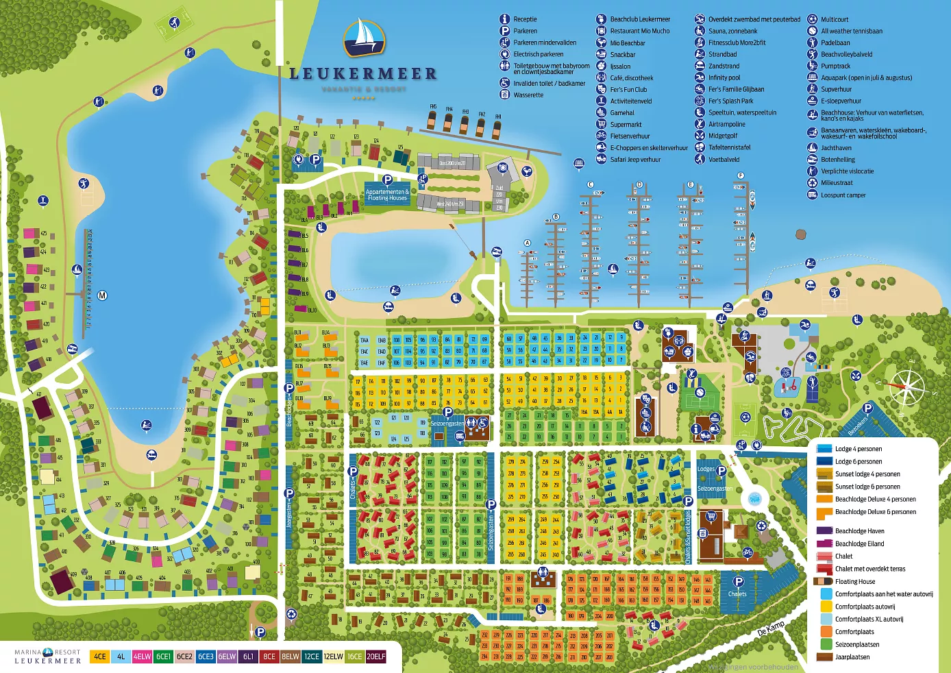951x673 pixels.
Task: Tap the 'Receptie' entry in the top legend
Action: coord(525,19)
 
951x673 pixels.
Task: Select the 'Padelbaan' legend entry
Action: coord(835,42)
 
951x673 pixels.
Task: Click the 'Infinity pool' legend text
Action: coord(724,77)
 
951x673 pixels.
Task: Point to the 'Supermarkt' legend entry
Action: coord(626,125)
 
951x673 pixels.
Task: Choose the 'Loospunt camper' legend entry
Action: coord(843,195)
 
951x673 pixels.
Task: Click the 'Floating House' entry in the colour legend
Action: coord(854,581)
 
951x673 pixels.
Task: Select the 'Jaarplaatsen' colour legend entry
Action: coord(852,657)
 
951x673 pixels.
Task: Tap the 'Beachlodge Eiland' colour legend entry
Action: coord(859,543)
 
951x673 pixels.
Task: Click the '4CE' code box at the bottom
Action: coord(100,657)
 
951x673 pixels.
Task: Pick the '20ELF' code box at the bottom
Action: coord(376,657)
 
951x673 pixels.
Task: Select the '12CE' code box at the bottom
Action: coord(312,657)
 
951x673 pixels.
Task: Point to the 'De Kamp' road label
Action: coord(771,628)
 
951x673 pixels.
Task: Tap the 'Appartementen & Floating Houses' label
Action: coord(387,195)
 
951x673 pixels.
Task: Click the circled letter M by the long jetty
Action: coord(102,295)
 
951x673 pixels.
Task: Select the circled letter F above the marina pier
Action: coord(741,176)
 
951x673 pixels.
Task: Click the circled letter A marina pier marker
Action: coord(527,243)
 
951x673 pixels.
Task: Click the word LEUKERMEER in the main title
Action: coord(363,74)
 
